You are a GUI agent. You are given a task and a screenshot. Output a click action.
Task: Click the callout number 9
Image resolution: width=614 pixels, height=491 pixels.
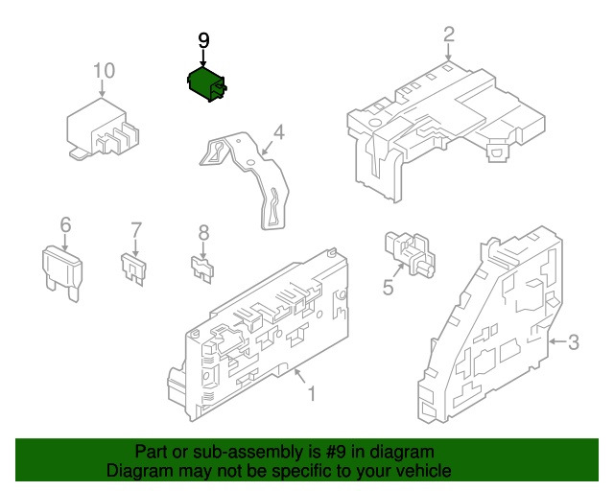point(202,40)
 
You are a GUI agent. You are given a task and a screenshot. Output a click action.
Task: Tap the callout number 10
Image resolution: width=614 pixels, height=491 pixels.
point(104,70)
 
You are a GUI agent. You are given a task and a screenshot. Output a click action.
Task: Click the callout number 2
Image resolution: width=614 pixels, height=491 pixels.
point(448,35)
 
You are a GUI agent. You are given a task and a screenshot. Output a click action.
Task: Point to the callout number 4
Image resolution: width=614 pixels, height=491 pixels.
point(277,131)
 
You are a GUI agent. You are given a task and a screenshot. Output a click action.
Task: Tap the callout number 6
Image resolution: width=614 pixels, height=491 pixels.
point(65,224)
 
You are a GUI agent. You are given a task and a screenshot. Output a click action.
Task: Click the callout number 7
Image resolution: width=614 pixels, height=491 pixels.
point(135,229)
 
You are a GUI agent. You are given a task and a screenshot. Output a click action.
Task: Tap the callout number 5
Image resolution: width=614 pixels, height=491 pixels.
point(388,287)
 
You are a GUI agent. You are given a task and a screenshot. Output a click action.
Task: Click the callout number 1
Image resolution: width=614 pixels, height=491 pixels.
point(310,393)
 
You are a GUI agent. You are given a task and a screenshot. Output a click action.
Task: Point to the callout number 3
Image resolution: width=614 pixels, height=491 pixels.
point(573,341)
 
